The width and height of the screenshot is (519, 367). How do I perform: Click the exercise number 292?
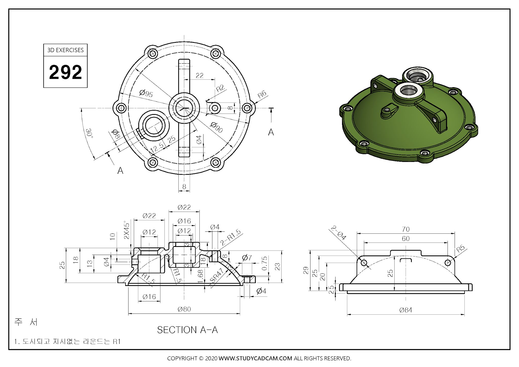click(65, 72)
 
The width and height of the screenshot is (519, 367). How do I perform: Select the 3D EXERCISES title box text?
click(65, 50)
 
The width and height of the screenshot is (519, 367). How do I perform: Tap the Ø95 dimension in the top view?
click(146, 93)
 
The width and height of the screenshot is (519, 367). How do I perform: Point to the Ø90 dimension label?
click(216, 127)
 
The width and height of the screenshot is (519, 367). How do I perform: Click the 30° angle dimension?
click(89, 133)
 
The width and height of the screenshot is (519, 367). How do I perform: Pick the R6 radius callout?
click(262, 95)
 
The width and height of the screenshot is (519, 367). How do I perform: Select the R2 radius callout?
click(220, 88)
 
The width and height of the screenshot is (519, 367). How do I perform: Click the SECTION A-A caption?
click(187, 330)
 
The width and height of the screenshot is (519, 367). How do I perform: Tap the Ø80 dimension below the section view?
click(184, 309)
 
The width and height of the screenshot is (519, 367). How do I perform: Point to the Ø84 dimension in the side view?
click(405, 310)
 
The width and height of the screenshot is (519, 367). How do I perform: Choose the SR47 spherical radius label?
click(217, 276)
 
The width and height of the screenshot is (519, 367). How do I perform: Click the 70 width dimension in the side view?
click(405, 229)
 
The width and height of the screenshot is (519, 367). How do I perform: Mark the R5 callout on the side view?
click(460, 248)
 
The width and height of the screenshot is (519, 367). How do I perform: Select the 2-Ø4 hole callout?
click(339, 233)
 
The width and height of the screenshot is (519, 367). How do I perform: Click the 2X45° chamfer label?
click(126, 230)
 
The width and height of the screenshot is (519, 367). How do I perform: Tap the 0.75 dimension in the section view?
click(264, 263)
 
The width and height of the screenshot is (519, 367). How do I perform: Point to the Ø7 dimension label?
click(247, 258)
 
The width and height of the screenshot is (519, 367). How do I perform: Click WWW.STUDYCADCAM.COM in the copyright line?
click(255, 358)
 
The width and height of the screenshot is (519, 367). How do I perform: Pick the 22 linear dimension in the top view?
click(199, 76)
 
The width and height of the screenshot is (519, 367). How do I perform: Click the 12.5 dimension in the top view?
click(157, 148)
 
